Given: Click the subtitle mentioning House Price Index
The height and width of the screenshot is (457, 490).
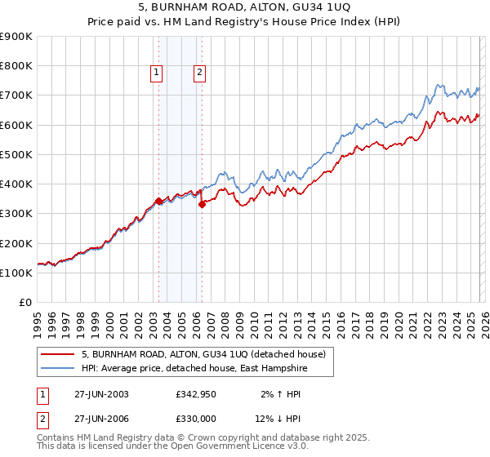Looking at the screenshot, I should tap(244, 23).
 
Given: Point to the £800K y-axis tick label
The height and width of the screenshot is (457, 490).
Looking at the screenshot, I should tap(16, 66).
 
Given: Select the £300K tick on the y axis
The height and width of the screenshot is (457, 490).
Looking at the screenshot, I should tap(16, 214).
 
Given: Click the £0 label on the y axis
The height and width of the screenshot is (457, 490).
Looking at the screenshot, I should tap(26, 303).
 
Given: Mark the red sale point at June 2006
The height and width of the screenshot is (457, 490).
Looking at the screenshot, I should tap(202, 205).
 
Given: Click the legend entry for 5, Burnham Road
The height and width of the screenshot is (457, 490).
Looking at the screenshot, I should tap(203, 354).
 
